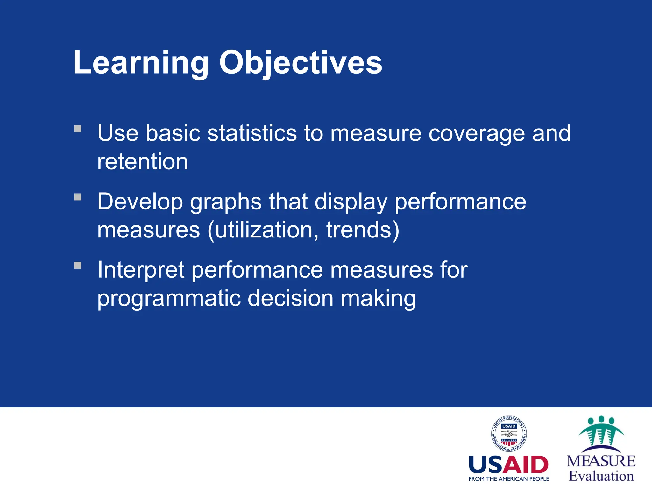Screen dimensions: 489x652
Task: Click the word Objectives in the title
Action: (301, 63)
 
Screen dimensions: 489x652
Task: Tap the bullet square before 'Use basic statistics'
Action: (78, 129)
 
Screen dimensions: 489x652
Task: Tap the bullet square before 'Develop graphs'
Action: (78, 197)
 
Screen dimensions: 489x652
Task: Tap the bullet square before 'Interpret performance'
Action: (78, 265)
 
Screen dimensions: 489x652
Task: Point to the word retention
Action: (143, 162)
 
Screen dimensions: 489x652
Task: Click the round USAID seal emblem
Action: (508, 434)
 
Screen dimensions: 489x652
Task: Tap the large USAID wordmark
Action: (508, 465)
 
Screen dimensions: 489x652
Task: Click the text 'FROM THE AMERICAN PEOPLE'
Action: (508, 479)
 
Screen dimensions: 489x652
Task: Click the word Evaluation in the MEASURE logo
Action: (601, 476)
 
